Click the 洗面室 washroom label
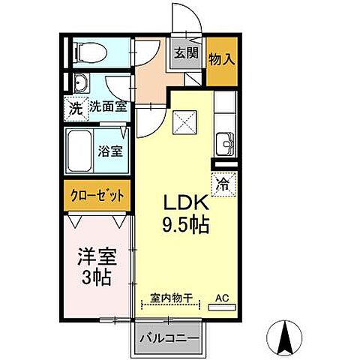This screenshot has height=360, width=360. tap(108, 106)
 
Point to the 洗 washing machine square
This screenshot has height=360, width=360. tap(75, 106)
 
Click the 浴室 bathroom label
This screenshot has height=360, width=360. tap(111, 150)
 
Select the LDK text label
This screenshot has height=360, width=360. tap(181, 203)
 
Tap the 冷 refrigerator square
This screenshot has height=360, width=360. tap(223, 181)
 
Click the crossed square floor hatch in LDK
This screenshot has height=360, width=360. tap(184, 121)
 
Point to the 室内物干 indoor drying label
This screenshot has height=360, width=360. tap(169, 298)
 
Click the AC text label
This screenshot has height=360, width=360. tap(222, 298)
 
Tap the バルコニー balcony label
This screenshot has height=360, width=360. tap(169, 338)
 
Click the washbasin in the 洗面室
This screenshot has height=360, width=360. tap(82, 84)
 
